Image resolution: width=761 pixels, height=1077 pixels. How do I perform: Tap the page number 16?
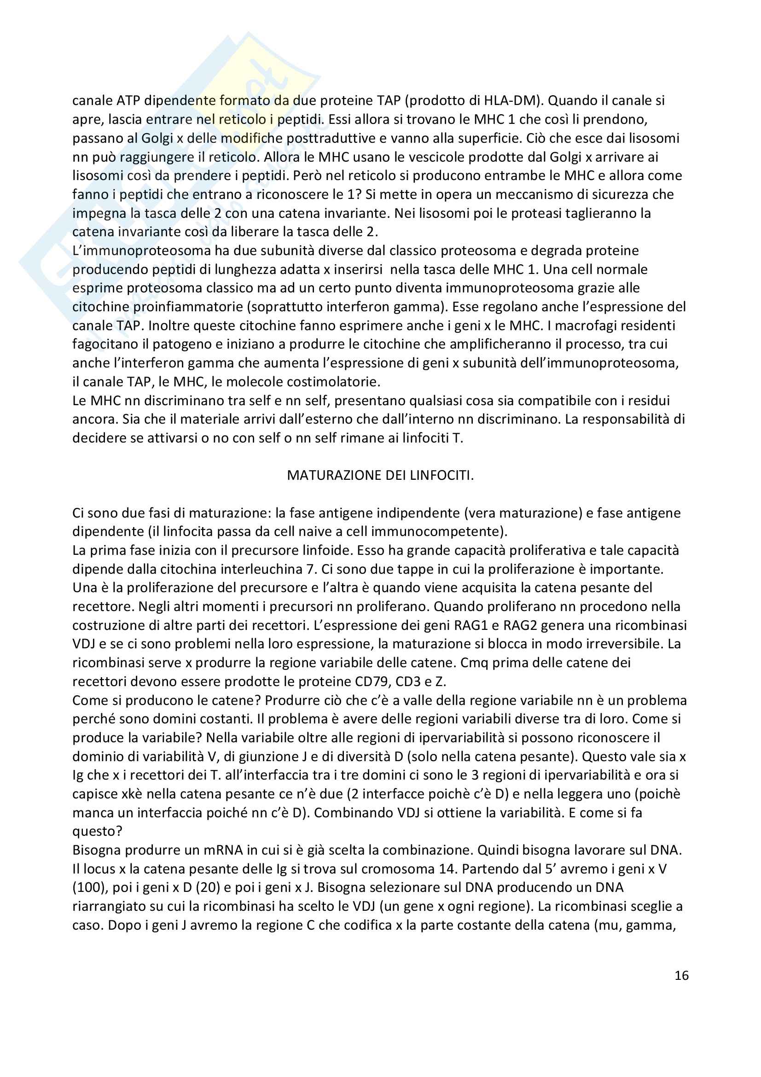(681, 976)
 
